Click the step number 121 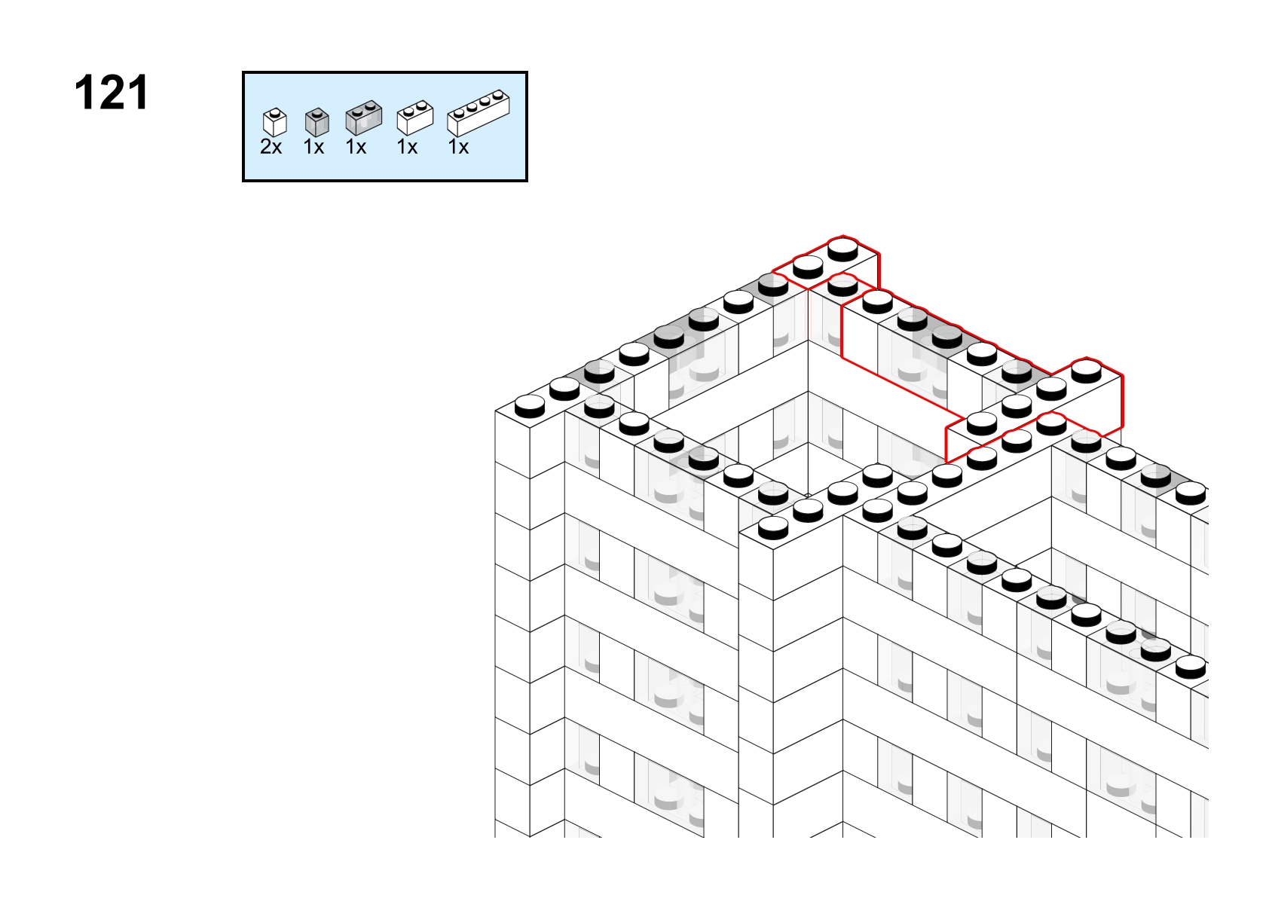click(112, 93)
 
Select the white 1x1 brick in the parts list click(275, 122)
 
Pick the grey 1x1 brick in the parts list click(316, 122)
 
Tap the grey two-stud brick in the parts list click(364, 118)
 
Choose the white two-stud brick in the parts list click(415, 118)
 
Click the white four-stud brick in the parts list click(479, 113)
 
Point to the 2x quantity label click(271, 147)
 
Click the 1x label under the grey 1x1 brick click(313, 147)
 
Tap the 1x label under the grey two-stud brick click(356, 147)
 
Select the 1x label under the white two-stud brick click(407, 147)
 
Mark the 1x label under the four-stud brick click(458, 147)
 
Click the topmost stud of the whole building click(843, 249)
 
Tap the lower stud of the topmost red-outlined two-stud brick click(808, 267)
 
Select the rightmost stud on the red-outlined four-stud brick click(1087, 371)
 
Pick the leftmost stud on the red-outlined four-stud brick click(982, 423)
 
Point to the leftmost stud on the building click(530, 407)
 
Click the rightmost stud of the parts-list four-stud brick click(497, 95)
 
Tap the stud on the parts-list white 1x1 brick click(275, 112)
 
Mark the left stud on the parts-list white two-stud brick click(409, 111)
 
